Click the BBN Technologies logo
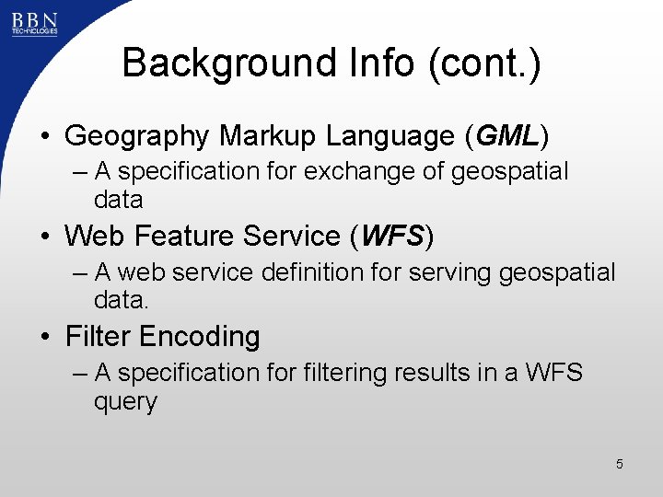tap(34, 22)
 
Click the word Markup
tap(264, 136)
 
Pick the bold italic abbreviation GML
tap(508, 136)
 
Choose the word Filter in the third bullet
tap(97, 337)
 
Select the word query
tap(125, 402)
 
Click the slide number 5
tap(620, 464)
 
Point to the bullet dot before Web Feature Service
tap(44, 237)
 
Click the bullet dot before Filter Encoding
tap(44, 338)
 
